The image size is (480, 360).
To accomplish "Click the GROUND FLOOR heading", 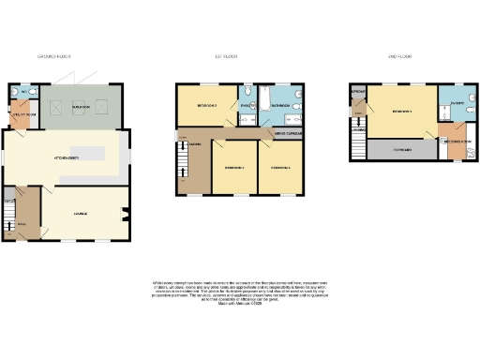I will point(53,57).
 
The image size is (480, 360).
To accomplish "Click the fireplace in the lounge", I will point(127,214).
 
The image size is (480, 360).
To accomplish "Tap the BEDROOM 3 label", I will point(234,168).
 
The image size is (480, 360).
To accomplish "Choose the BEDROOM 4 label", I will point(279,168).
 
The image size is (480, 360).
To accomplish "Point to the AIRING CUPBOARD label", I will point(287,134).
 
